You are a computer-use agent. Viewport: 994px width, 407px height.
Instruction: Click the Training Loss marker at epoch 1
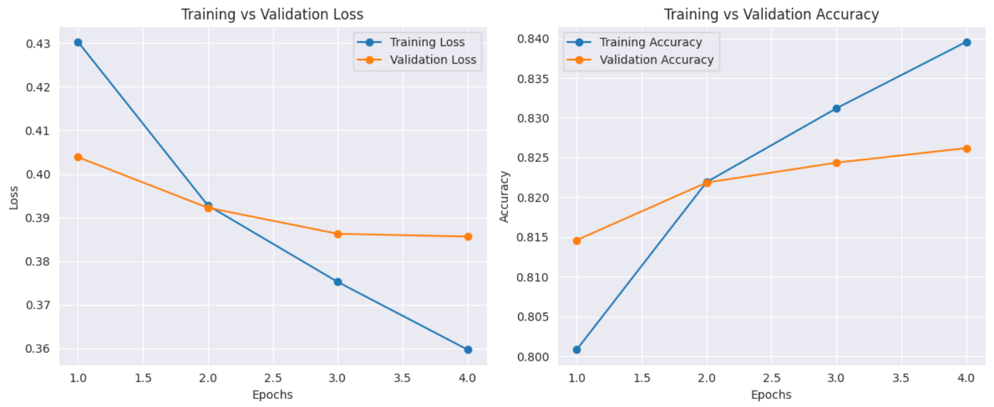[78, 42]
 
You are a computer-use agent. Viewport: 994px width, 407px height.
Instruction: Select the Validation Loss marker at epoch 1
[78, 157]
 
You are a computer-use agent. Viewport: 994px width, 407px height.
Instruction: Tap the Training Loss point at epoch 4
[468, 349]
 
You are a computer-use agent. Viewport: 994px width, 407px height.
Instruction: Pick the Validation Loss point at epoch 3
[338, 234]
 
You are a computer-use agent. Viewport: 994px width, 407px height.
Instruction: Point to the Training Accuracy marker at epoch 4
[966, 42]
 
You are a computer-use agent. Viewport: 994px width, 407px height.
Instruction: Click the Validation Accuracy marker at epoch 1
[577, 240]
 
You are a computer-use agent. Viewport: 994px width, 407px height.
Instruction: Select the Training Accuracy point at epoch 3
[836, 108]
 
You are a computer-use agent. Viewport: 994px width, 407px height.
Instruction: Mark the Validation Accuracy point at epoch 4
[966, 149]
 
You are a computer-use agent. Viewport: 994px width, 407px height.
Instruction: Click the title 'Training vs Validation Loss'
[273, 14]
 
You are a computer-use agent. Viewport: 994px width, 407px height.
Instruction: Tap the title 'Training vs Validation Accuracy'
[771, 14]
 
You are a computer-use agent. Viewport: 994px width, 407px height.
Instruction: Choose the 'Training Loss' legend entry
[427, 42]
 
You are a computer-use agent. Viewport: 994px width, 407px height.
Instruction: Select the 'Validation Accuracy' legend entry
[656, 60]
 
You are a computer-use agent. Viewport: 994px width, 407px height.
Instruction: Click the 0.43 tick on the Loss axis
[39, 44]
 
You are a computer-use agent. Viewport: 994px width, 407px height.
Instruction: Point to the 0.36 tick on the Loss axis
[39, 349]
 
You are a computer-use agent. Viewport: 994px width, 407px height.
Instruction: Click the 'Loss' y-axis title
[14, 197]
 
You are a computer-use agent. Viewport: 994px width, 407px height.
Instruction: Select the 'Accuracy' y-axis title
[505, 196]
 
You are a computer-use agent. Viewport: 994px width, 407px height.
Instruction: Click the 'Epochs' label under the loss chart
[273, 395]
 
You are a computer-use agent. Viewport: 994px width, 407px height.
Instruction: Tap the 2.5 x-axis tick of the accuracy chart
[771, 378]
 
